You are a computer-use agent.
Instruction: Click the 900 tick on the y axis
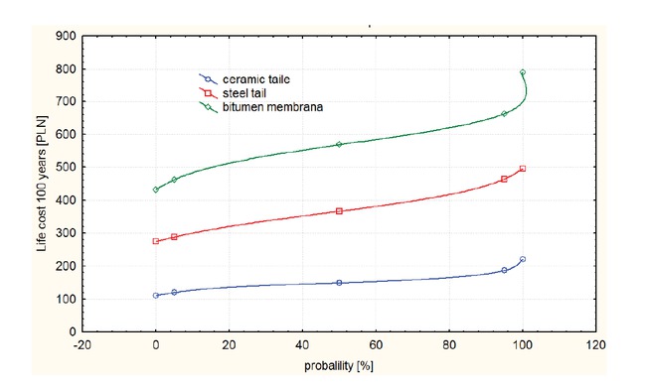tap(65, 37)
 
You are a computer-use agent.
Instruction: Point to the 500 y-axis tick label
tap(65, 168)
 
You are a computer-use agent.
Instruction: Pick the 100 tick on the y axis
tap(65, 299)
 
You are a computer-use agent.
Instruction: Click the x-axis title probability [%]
tap(340, 367)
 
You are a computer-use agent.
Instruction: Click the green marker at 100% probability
tap(523, 72)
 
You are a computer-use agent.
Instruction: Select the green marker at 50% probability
tap(339, 145)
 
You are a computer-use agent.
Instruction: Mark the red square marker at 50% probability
tap(339, 211)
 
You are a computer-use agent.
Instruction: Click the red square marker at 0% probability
tap(156, 241)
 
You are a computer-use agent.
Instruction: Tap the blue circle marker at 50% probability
tap(339, 283)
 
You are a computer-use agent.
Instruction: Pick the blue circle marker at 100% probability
tap(523, 259)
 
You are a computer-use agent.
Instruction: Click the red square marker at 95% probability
tap(504, 180)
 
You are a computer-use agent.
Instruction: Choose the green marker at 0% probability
tap(156, 190)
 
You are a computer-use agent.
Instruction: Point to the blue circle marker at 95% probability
tap(504, 270)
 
